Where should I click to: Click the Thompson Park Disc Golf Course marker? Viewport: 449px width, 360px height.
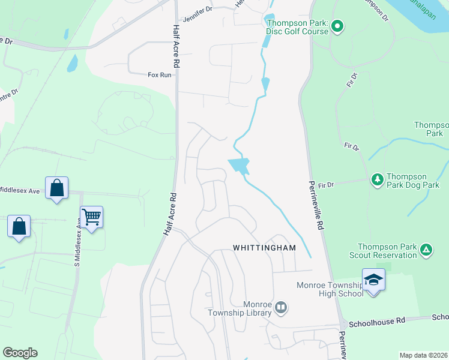(x=337, y=26)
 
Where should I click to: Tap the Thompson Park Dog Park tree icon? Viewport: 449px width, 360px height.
(x=378, y=179)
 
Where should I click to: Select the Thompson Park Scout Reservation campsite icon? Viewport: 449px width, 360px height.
(x=426, y=249)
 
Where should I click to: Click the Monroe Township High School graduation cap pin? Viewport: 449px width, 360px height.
(x=373, y=280)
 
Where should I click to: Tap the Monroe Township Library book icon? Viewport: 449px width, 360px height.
(x=281, y=308)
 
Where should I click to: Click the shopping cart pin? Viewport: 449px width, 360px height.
(x=91, y=217)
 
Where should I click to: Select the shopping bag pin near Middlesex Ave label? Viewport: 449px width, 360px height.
(x=56, y=188)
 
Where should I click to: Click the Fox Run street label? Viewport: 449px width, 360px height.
(x=160, y=75)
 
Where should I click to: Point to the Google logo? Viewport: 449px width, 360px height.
(x=20, y=353)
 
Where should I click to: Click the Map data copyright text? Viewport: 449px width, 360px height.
(x=423, y=355)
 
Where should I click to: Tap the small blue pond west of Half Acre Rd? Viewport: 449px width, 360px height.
(x=72, y=63)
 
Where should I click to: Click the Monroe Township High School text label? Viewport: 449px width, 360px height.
(x=330, y=289)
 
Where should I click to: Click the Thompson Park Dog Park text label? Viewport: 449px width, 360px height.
(x=415, y=181)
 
